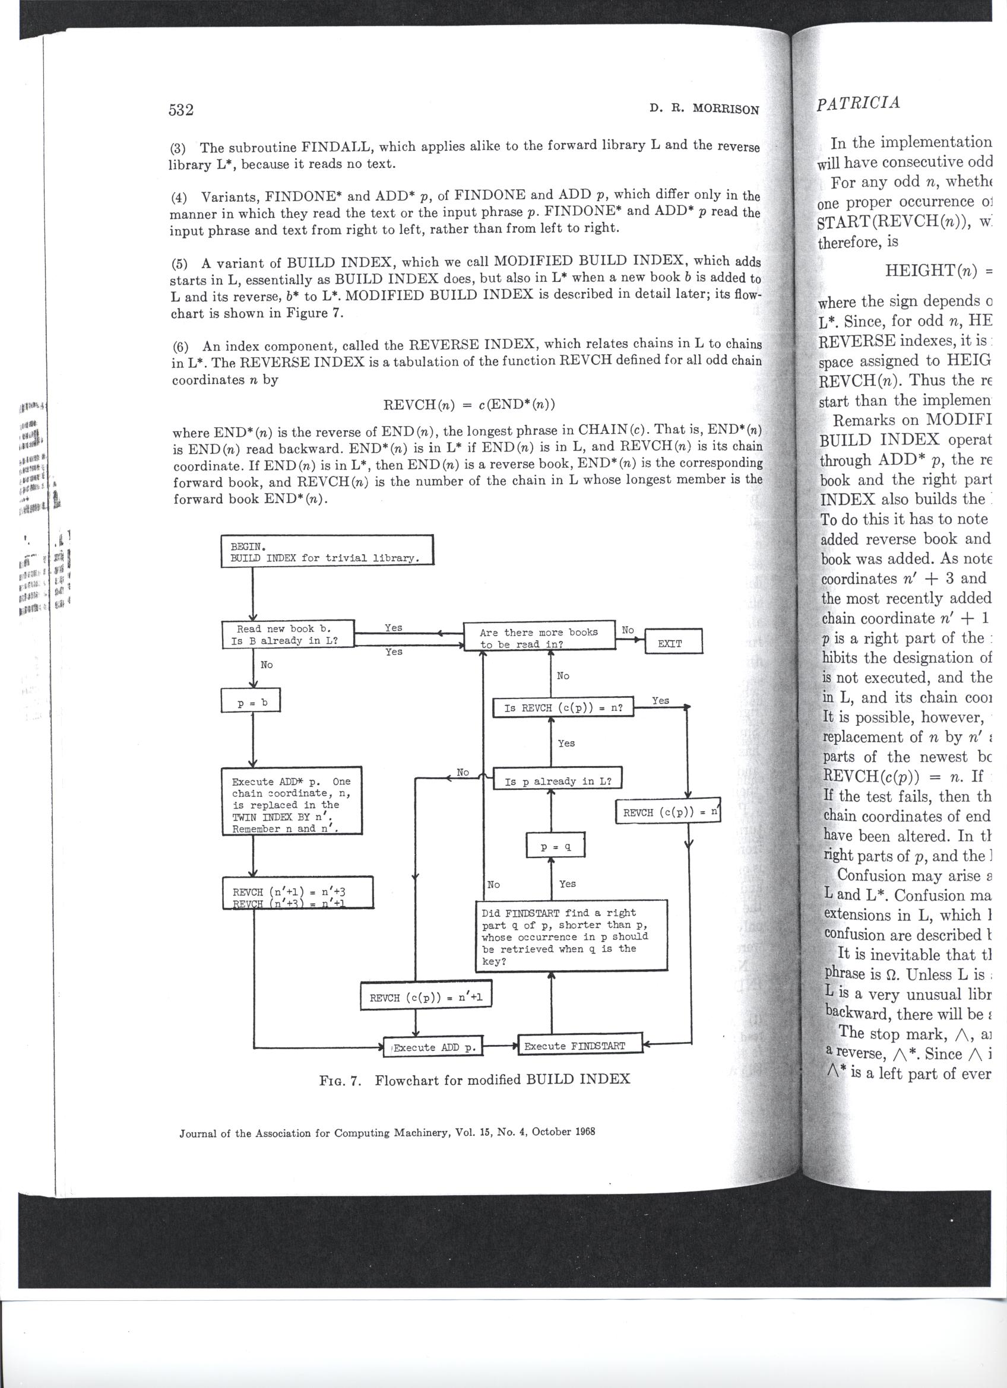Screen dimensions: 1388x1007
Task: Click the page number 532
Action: coord(181,110)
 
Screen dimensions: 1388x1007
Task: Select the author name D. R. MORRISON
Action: coord(704,110)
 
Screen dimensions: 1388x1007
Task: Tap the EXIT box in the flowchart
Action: coord(670,643)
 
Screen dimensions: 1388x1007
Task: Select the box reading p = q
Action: coord(556,847)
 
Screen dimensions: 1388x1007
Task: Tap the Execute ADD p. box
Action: coord(433,1047)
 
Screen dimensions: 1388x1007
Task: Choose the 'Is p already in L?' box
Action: coord(558,781)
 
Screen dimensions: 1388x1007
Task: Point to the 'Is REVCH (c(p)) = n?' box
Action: coord(563,708)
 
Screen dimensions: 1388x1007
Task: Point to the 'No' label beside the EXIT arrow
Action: coord(628,630)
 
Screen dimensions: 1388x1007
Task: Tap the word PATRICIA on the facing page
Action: coord(858,102)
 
